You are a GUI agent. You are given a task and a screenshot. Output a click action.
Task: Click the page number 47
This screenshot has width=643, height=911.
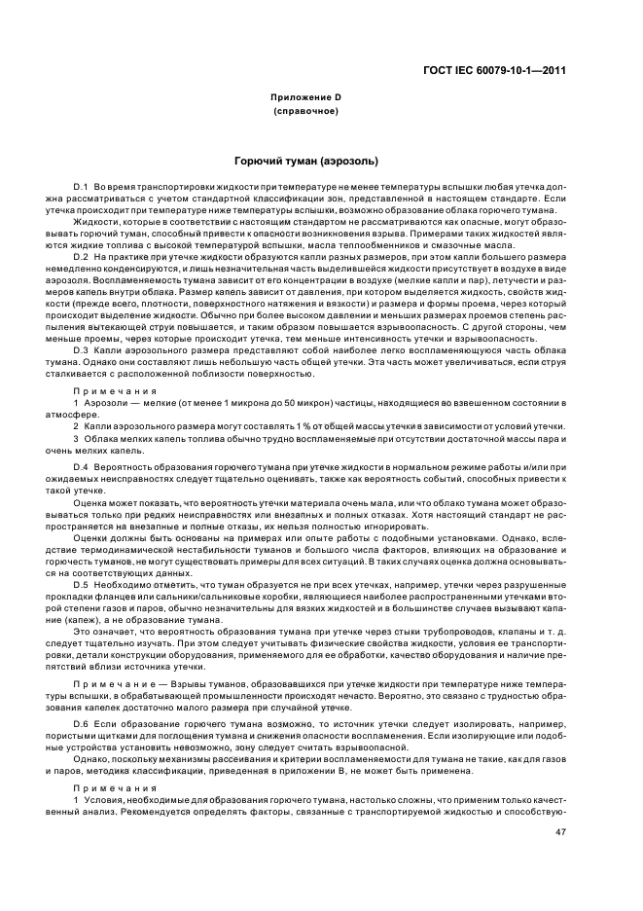(x=560, y=831)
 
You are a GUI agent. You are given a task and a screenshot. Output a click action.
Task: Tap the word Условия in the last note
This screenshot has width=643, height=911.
(x=102, y=800)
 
